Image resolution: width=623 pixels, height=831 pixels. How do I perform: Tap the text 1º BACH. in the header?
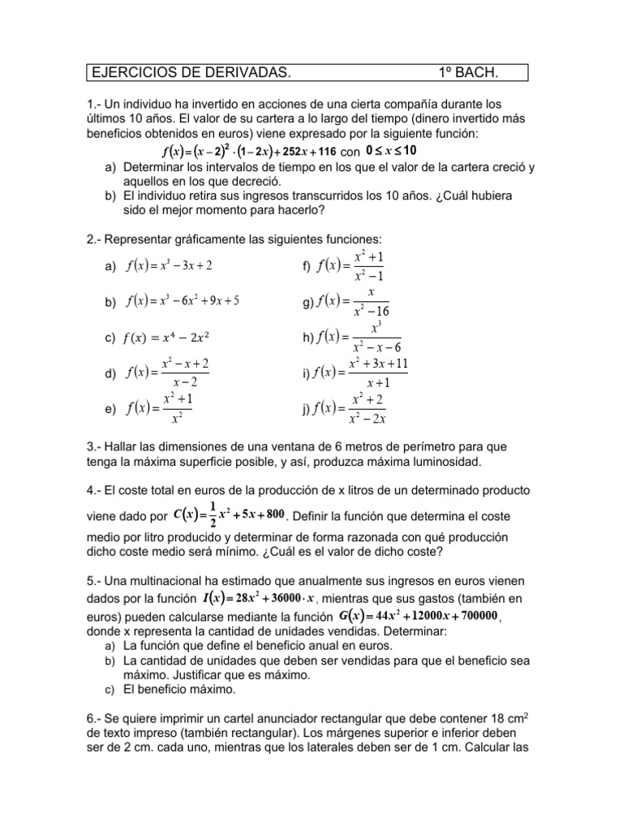468,74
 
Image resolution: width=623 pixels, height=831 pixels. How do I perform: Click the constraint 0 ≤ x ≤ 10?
392,151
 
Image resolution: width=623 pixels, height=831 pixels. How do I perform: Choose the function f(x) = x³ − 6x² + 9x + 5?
183,301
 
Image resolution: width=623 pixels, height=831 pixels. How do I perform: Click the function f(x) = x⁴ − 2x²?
173,337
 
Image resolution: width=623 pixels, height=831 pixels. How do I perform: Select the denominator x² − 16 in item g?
372,311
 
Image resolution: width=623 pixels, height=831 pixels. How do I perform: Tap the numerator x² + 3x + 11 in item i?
378,363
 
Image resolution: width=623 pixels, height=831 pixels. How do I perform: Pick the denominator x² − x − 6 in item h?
377,347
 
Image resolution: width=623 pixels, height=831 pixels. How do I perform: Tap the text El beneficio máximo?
179,690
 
